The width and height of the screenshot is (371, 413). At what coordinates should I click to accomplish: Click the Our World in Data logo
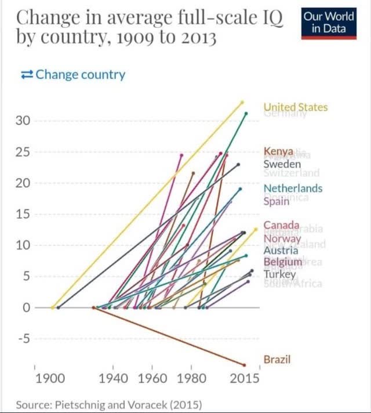click(329, 23)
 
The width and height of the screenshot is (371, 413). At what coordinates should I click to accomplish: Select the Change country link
click(72, 75)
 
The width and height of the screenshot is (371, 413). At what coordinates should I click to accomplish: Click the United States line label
click(295, 107)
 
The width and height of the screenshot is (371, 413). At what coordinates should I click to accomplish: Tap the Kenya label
click(279, 152)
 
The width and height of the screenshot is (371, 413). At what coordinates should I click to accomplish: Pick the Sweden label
click(282, 164)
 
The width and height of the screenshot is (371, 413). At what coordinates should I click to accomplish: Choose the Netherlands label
click(293, 189)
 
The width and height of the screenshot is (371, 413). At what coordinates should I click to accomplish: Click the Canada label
click(281, 225)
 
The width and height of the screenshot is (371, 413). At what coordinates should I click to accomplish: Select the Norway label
click(282, 239)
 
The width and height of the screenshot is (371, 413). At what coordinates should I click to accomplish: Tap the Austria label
click(281, 251)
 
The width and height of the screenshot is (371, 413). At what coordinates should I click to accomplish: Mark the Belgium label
click(283, 262)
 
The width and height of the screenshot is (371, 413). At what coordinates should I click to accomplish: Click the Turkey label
click(279, 274)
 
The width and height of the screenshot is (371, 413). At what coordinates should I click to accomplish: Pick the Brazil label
click(277, 359)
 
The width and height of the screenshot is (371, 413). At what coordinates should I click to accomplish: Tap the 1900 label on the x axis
click(50, 379)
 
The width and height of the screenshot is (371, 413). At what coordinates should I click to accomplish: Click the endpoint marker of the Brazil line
click(245, 365)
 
